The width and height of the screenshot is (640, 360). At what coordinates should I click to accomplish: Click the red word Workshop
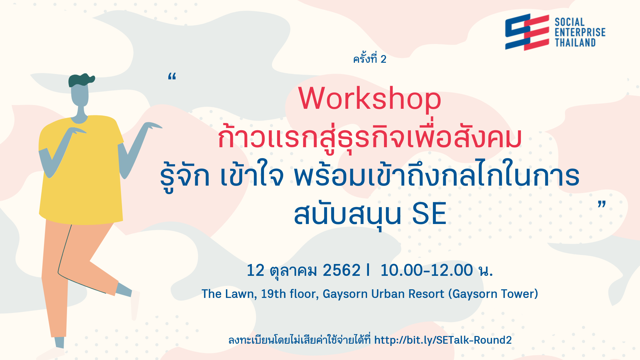click(x=370, y=99)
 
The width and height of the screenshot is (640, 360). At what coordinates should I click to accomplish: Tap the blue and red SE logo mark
click(x=527, y=32)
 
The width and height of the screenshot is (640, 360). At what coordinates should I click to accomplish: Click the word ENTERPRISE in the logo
click(x=580, y=32)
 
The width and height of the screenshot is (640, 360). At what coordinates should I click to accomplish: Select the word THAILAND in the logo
click(x=575, y=43)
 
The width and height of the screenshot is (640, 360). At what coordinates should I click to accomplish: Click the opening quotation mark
click(x=172, y=76)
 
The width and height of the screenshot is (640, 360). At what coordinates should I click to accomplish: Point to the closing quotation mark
click(x=602, y=204)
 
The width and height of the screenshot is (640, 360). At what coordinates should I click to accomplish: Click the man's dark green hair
click(x=81, y=80)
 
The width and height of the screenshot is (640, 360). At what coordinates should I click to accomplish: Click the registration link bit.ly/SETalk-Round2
click(x=443, y=340)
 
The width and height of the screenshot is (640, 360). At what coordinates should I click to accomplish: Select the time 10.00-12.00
click(x=426, y=270)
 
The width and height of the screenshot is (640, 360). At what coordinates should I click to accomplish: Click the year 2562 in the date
click(x=341, y=270)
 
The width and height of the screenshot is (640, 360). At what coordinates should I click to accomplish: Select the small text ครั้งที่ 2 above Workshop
click(x=370, y=59)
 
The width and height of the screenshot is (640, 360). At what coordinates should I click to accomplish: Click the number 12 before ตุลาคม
click(x=255, y=270)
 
